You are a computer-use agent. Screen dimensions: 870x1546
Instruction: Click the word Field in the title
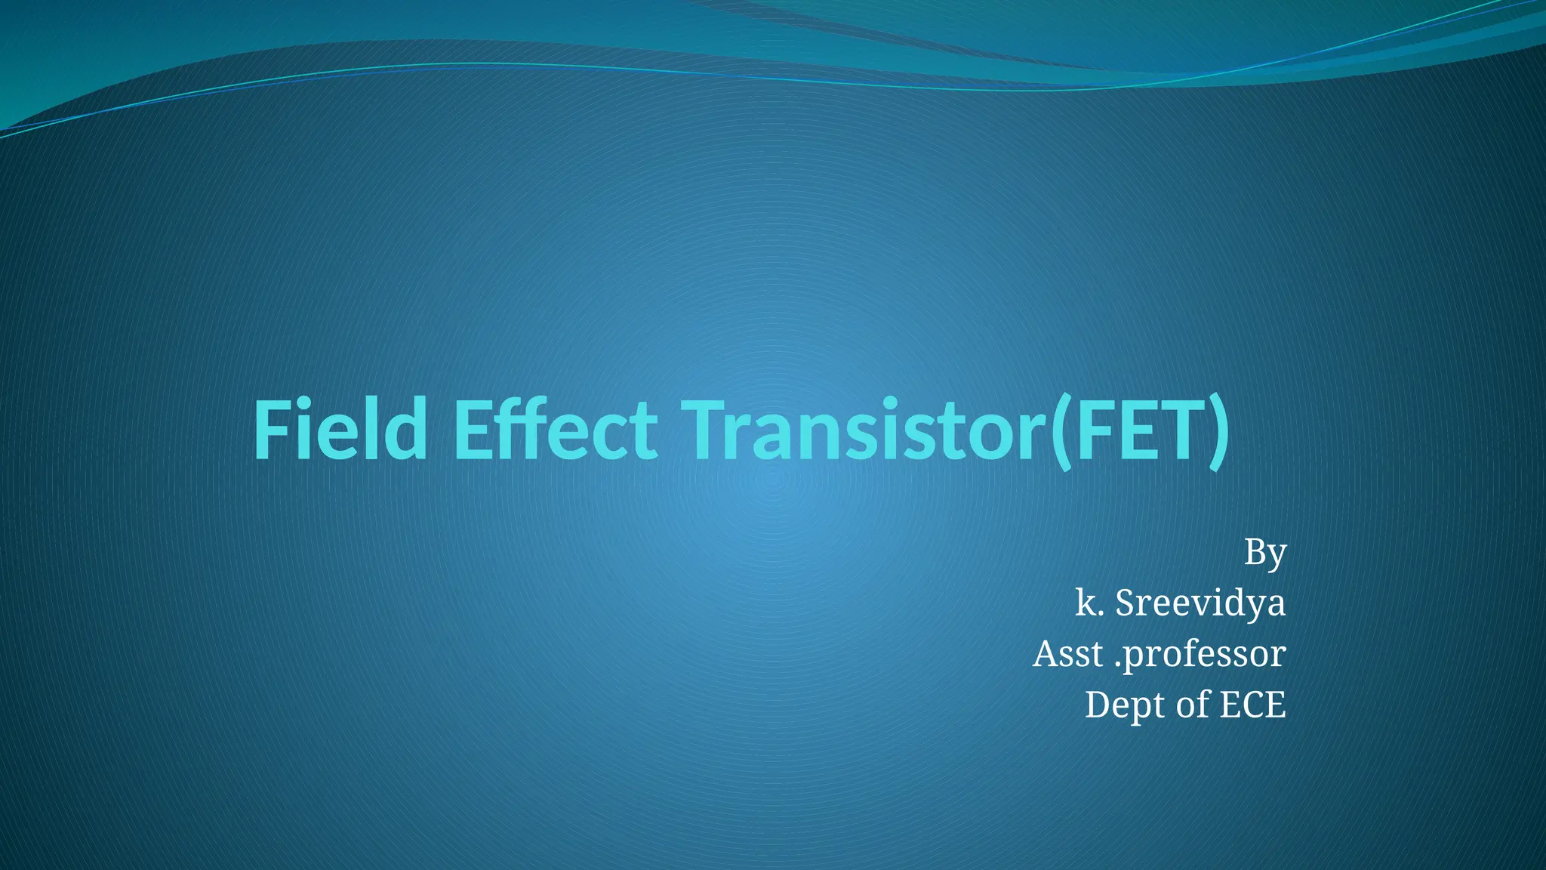pos(340,430)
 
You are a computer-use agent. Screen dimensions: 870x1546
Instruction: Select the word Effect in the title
pos(554,430)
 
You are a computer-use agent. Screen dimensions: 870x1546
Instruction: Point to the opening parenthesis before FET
pos(1061,433)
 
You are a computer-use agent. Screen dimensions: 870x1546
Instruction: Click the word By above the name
pos(1264,553)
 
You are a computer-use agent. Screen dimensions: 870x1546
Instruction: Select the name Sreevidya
pos(1200,603)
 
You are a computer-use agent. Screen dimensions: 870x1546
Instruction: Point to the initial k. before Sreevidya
pos(1089,603)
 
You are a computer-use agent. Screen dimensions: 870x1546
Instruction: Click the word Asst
pos(1067,654)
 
